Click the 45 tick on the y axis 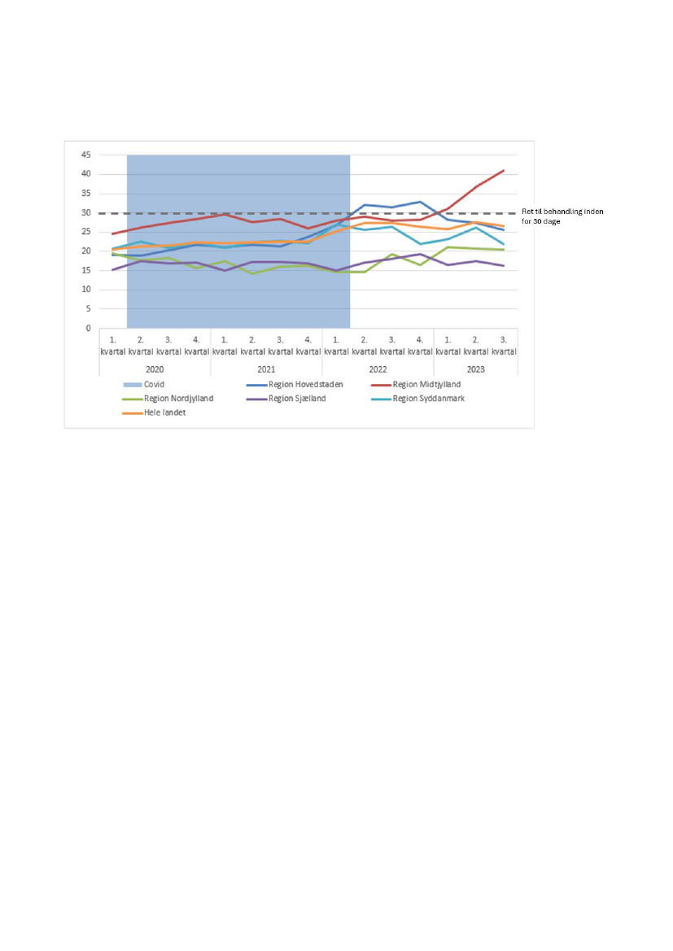click(85, 155)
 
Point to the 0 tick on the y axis click(87, 329)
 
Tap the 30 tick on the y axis click(85, 213)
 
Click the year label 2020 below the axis click(155, 369)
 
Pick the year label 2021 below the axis click(266, 369)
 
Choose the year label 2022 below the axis click(378, 369)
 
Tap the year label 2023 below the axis click(476, 369)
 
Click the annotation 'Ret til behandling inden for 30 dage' click(562, 216)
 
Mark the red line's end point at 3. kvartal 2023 click(505, 170)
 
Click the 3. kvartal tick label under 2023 click(505, 346)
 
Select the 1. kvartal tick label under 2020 click(113, 346)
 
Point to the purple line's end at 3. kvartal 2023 click(505, 266)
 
